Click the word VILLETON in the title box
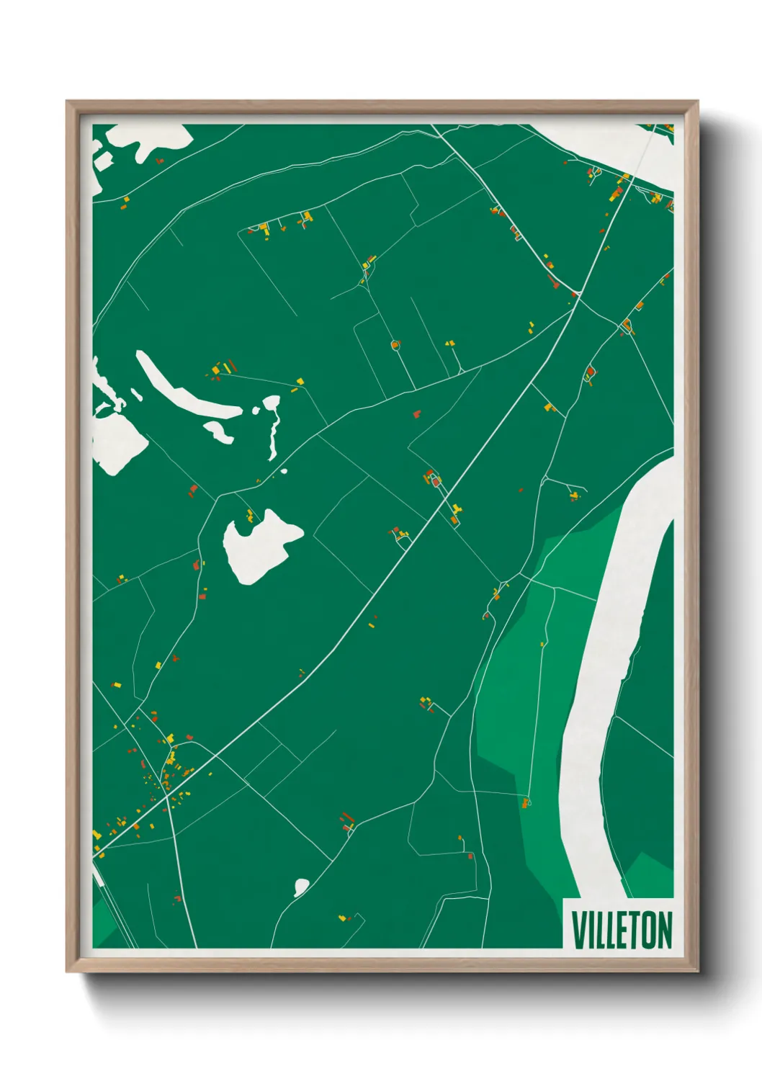point(622,930)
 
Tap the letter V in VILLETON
point(579,930)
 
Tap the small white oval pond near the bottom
point(301,887)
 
